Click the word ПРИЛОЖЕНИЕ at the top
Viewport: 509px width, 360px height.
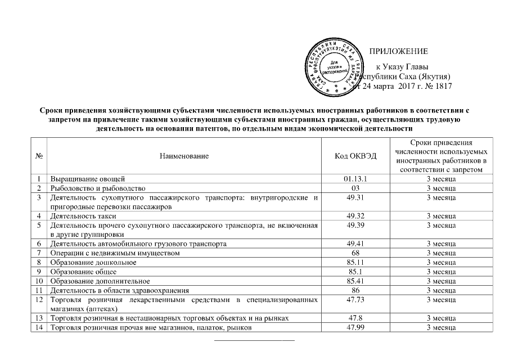click(398, 51)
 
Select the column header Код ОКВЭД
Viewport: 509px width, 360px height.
click(358, 156)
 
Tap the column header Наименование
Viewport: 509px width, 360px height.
click(184, 156)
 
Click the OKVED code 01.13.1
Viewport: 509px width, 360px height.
click(358, 178)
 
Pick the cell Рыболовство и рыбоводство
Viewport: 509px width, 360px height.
click(98, 187)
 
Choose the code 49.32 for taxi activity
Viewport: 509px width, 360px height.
click(358, 215)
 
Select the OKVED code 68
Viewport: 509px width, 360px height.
click(358, 253)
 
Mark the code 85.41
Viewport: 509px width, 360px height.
click(358, 281)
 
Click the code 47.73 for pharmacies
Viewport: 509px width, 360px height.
click(358, 300)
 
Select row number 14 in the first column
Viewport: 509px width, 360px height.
click(39, 328)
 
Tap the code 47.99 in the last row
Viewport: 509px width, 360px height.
click(358, 328)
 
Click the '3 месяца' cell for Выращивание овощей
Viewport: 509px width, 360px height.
click(441, 178)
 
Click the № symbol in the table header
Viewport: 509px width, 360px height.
click(39, 156)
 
